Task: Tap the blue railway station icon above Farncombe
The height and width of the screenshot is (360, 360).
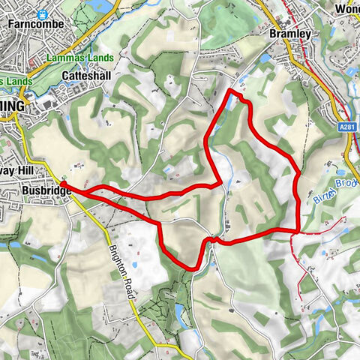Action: [43, 13]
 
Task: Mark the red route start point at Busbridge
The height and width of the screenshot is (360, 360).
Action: [63, 183]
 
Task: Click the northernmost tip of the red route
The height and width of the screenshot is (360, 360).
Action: [229, 91]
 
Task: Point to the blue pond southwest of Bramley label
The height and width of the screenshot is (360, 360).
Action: [267, 58]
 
